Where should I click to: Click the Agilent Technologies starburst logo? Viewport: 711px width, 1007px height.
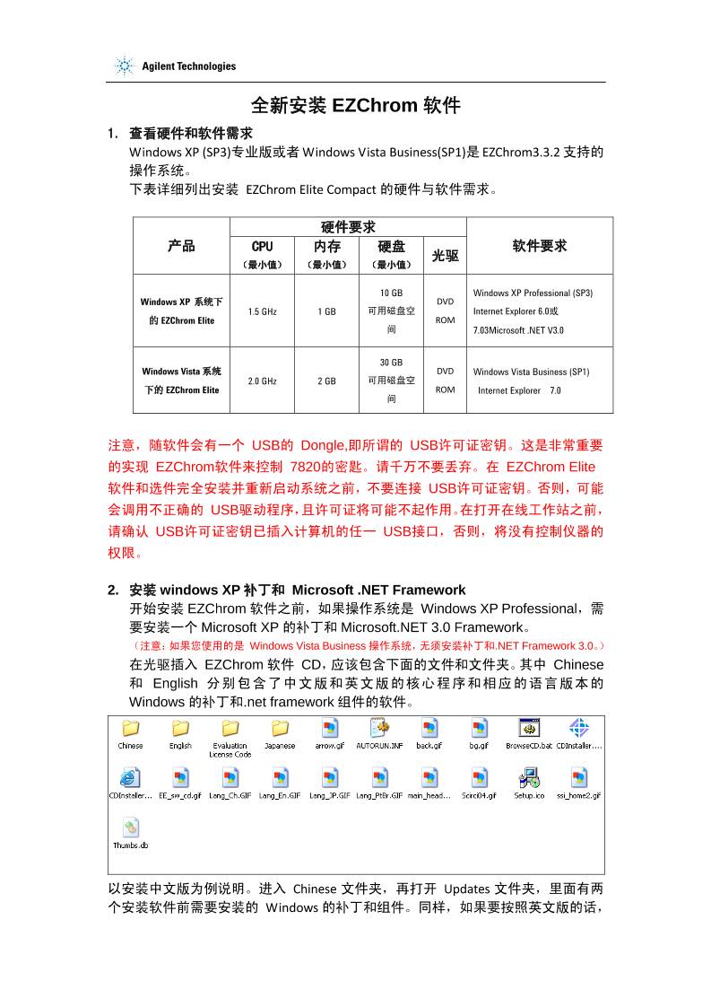pyautogui.click(x=124, y=66)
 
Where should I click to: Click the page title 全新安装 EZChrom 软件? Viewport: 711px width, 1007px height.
pyautogui.click(x=355, y=106)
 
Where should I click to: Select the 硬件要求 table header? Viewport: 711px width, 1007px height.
pyautogui.click(x=348, y=226)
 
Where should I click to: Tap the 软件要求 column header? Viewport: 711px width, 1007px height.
pyautogui.click(x=539, y=246)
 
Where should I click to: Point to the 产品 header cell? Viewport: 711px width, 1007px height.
pyautogui.click(x=181, y=246)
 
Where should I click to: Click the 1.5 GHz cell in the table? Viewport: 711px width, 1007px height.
pyautogui.click(x=262, y=311)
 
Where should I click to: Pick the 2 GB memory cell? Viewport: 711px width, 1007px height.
pyautogui.click(x=326, y=381)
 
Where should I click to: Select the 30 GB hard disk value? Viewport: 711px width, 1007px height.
pyautogui.click(x=391, y=363)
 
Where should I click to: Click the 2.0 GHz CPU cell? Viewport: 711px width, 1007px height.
pyautogui.click(x=262, y=381)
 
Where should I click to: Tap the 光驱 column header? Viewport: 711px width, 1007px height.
pyautogui.click(x=445, y=256)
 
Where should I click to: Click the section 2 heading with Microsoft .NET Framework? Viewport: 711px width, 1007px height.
pyautogui.click(x=297, y=590)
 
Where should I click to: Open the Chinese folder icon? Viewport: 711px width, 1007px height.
pyautogui.click(x=130, y=728)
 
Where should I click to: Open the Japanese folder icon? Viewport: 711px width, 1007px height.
pyautogui.click(x=280, y=728)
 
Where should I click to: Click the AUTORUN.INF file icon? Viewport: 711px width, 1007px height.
pyautogui.click(x=379, y=728)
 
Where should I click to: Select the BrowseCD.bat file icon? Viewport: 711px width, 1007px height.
pyautogui.click(x=528, y=728)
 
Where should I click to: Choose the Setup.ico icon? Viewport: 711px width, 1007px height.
pyautogui.click(x=528, y=777)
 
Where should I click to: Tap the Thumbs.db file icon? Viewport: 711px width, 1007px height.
pyautogui.click(x=130, y=827)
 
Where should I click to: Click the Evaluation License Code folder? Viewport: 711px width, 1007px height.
pyautogui.click(x=230, y=728)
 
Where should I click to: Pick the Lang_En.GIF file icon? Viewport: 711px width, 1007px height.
pyautogui.click(x=280, y=777)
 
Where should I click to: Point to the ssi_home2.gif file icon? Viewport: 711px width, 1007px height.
pyautogui.click(x=578, y=777)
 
